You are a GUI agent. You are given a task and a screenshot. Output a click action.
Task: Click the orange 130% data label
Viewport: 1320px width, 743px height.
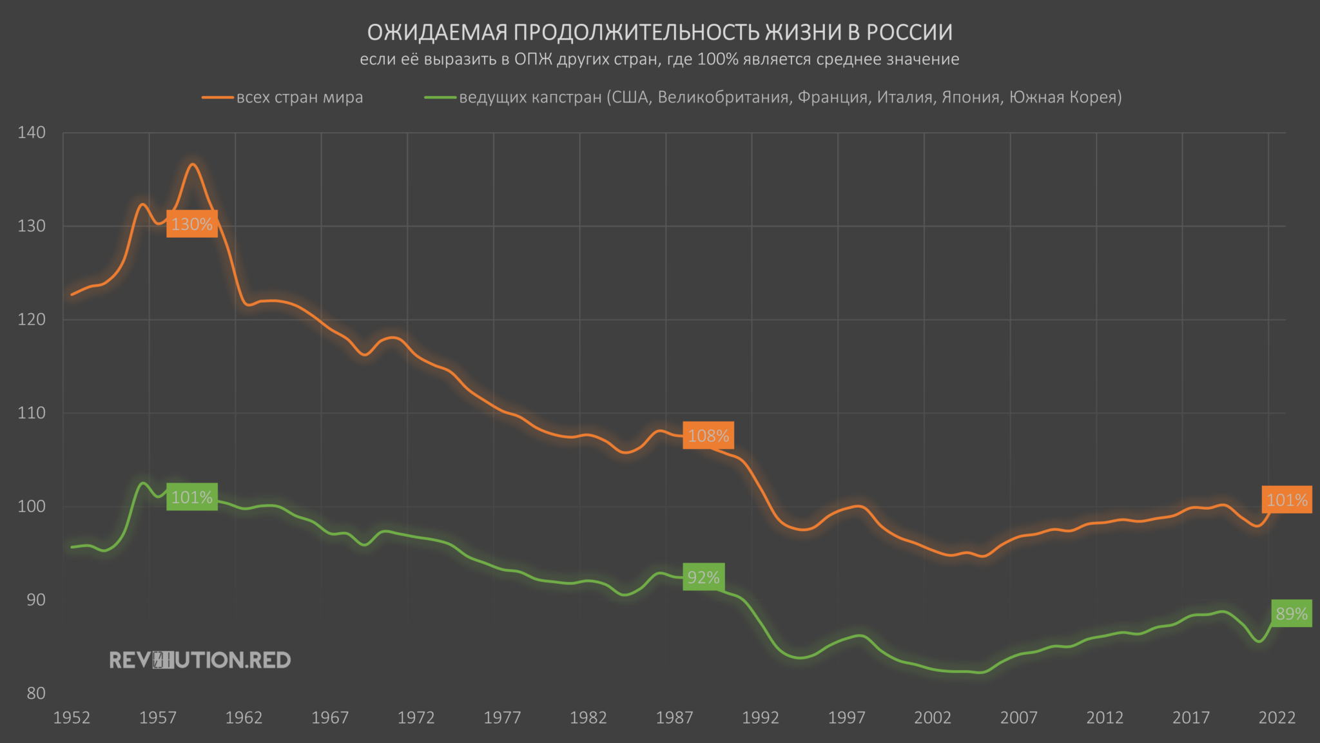(192, 224)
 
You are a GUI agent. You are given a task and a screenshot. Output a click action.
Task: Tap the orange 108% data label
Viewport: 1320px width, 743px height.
(708, 436)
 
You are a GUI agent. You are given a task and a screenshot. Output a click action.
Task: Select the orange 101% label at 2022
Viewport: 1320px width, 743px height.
(1286, 500)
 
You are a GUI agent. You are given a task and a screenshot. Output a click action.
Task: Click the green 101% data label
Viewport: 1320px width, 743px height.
(192, 497)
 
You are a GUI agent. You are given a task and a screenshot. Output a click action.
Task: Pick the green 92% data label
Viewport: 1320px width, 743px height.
(703, 577)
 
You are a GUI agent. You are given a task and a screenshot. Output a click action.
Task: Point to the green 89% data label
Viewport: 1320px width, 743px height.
(1292, 613)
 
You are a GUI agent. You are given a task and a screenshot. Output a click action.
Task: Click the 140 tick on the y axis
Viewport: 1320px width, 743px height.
(32, 133)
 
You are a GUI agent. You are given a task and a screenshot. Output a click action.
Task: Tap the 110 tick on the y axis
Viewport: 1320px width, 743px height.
(32, 413)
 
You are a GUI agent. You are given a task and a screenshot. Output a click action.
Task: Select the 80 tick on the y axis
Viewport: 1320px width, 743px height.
(36, 693)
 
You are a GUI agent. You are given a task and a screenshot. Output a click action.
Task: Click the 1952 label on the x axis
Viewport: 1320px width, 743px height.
(72, 718)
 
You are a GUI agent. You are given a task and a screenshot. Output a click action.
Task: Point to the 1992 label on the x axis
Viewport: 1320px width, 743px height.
(761, 718)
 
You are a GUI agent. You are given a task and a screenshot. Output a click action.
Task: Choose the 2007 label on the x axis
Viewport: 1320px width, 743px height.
(1019, 718)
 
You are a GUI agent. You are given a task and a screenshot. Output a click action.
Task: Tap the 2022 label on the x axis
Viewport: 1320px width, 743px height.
(1277, 718)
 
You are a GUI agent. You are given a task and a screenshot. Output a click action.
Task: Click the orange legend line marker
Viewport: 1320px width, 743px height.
(218, 97)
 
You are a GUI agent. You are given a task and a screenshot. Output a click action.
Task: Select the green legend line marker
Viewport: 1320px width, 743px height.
(440, 97)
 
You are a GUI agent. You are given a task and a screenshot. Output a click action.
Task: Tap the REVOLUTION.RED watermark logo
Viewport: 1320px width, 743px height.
(200, 660)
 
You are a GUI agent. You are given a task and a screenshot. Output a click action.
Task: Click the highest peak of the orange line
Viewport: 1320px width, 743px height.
(192, 164)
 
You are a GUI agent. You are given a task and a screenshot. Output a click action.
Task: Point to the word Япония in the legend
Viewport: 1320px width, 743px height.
(970, 97)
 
